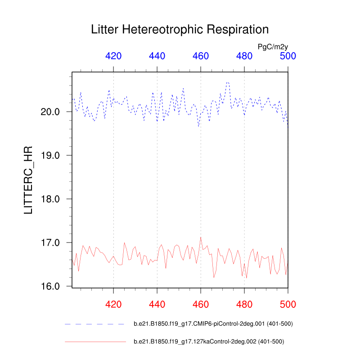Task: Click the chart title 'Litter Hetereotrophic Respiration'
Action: (180, 30)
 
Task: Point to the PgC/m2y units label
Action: (273, 46)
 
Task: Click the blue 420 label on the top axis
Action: (113, 56)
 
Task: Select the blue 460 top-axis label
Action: (201, 56)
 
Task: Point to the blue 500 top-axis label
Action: (288, 56)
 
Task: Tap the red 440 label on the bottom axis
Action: (157, 305)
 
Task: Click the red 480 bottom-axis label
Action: (244, 305)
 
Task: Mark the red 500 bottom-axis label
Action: (288, 305)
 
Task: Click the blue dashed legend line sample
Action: (94, 324)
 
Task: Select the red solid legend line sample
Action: (94, 342)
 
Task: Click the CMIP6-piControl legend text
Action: (213, 324)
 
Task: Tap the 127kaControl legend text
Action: (209, 342)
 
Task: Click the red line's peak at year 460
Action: (201, 237)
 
